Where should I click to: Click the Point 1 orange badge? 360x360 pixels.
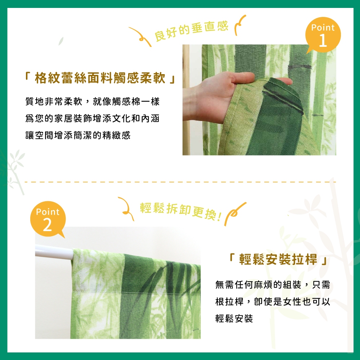click(323, 35)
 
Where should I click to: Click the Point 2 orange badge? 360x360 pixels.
click(48, 219)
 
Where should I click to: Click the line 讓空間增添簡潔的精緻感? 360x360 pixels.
click(78, 135)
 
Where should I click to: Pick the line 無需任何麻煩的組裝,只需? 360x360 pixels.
click(273, 285)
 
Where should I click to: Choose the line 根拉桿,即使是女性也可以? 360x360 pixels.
click(273, 302)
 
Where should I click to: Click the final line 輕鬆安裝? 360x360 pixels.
click(234, 318)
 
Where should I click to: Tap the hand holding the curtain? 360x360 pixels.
click(216, 95)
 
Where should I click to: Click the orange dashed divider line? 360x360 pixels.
click(180, 182)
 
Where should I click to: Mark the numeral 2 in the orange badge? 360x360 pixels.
click(48, 226)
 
